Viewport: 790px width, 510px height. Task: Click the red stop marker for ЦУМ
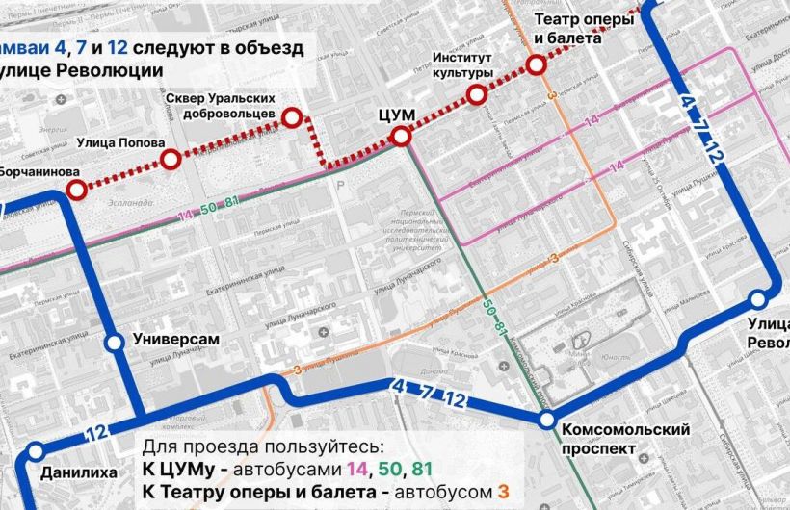[402, 139]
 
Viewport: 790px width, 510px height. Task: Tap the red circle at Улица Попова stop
[171, 160]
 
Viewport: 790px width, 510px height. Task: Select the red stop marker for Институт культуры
[476, 94]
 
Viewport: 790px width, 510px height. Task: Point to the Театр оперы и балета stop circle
[536, 65]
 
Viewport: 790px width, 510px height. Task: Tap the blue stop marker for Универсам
[114, 342]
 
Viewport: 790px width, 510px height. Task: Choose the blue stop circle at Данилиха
[36, 450]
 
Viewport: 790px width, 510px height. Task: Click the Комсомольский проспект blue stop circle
[546, 420]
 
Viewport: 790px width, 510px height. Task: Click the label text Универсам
[176, 340]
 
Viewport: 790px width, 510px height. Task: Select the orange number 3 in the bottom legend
[501, 492]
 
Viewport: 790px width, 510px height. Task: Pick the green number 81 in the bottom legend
[422, 470]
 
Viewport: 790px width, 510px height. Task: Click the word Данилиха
[79, 472]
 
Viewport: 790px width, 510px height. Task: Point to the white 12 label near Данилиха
[93, 432]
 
